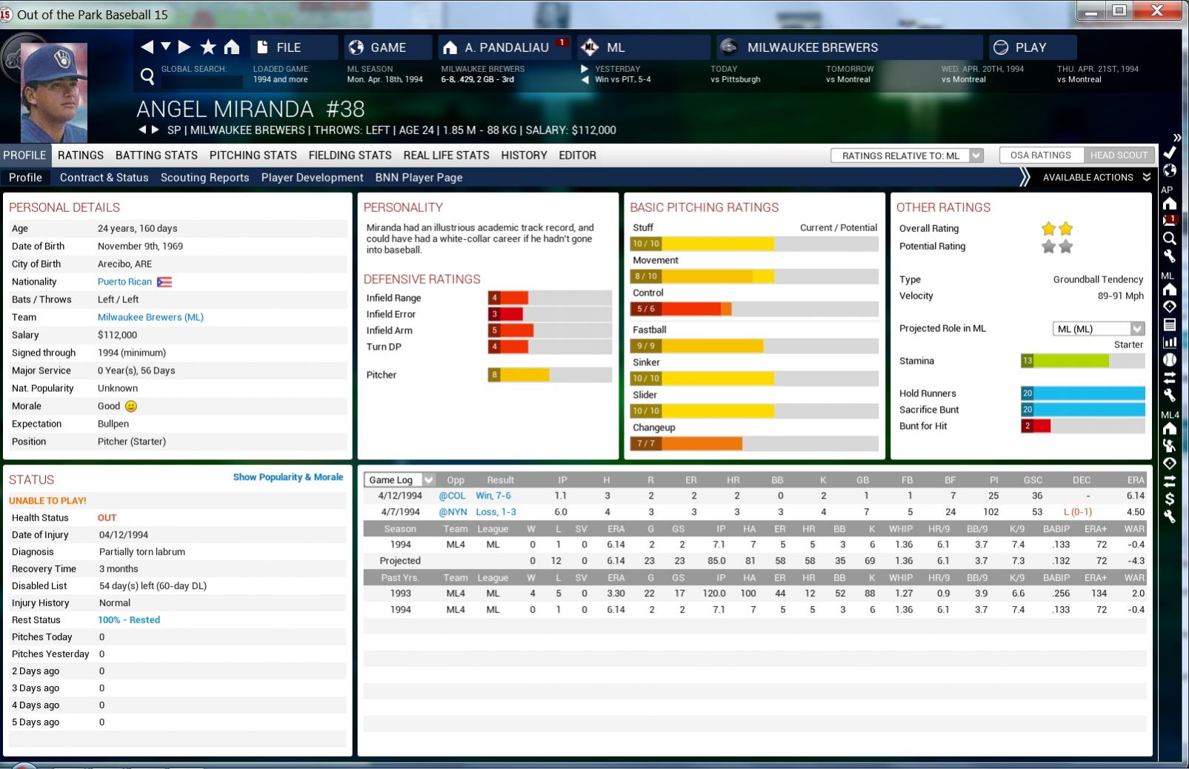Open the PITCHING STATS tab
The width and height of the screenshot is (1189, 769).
[x=253, y=156]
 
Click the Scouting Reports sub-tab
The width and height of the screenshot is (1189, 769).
[x=204, y=178]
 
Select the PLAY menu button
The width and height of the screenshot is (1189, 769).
[x=1030, y=47]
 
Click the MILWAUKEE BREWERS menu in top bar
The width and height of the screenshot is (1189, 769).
[x=812, y=47]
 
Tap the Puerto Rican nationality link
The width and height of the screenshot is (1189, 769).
[x=124, y=282]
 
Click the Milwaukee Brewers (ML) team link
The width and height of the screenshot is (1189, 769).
[x=150, y=318]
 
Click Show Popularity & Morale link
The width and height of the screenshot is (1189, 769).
[x=287, y=478]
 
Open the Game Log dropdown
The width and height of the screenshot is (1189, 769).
[x=399, y=480]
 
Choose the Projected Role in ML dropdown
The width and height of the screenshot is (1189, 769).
[x=1098, y=329]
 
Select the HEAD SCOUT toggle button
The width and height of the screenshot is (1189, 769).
[x=1119, y=156]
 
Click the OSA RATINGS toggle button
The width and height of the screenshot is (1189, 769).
[x=1040, y=156]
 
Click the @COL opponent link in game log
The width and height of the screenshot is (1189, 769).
[x=452, y=496]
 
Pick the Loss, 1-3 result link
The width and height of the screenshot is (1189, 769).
[x=496, y=513]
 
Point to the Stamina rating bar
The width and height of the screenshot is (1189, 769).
[x=1082, y=362]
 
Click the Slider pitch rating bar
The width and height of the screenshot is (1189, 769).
[x=754, y=411]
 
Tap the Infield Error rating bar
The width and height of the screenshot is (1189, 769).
[x=549, y=315]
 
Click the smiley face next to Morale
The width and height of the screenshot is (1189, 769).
[x=131, y=407]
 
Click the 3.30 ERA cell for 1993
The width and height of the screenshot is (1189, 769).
[x=616, y=594]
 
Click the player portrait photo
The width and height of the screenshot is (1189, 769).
[x=54, y=93]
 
